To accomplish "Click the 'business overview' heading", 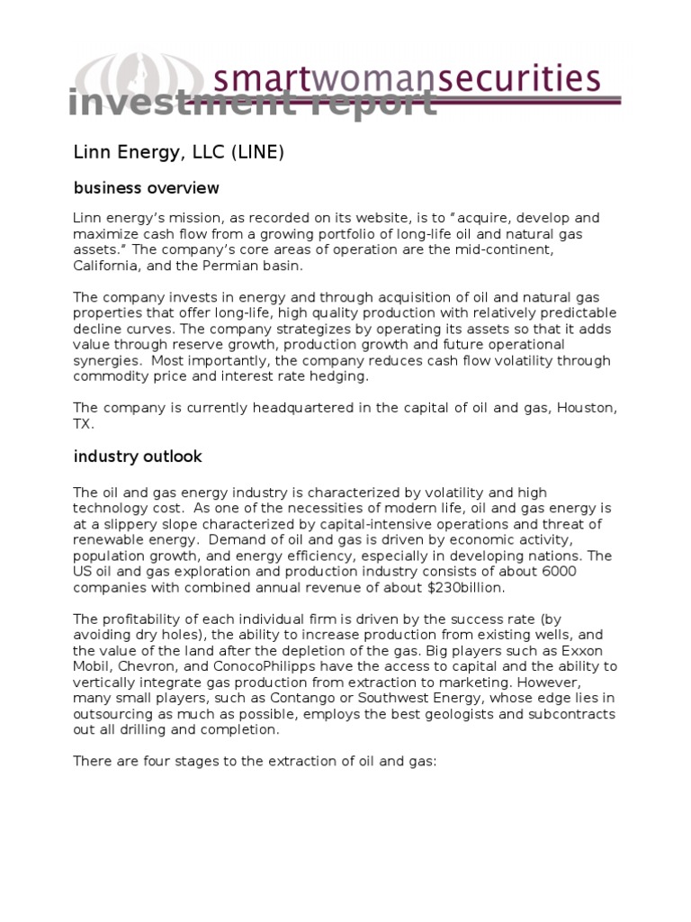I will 146,188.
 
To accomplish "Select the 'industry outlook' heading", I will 138,456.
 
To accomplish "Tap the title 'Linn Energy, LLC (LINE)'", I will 178,153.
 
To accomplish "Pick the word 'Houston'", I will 587,408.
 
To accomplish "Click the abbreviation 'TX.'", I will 83,423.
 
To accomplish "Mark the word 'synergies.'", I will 109,361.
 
